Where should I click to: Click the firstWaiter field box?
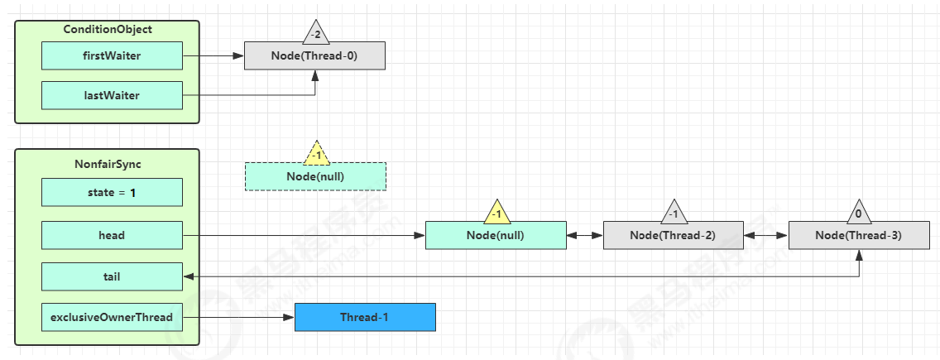pos(112,56)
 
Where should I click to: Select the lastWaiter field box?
pos(112,95)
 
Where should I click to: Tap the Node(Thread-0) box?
pos(314,56)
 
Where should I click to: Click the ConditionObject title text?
pos(108,30)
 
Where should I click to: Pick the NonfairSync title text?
pos(108,164)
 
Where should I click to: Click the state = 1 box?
pos(112,192)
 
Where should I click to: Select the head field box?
pos(112,235)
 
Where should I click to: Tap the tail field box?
pos(112,276)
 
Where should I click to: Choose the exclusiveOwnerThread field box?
pos(112,317)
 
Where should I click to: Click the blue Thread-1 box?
pos(365,317)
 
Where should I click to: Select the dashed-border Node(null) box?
pos(315,176)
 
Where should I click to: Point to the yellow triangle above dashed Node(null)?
pos(315,155)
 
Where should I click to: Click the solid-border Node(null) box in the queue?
pos(496,235)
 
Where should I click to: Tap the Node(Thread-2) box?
pos(674,235)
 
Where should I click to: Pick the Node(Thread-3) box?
pos(859,235)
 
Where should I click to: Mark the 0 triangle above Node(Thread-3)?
pos(859,213)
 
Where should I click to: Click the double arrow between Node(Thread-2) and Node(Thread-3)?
pos(766,235)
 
